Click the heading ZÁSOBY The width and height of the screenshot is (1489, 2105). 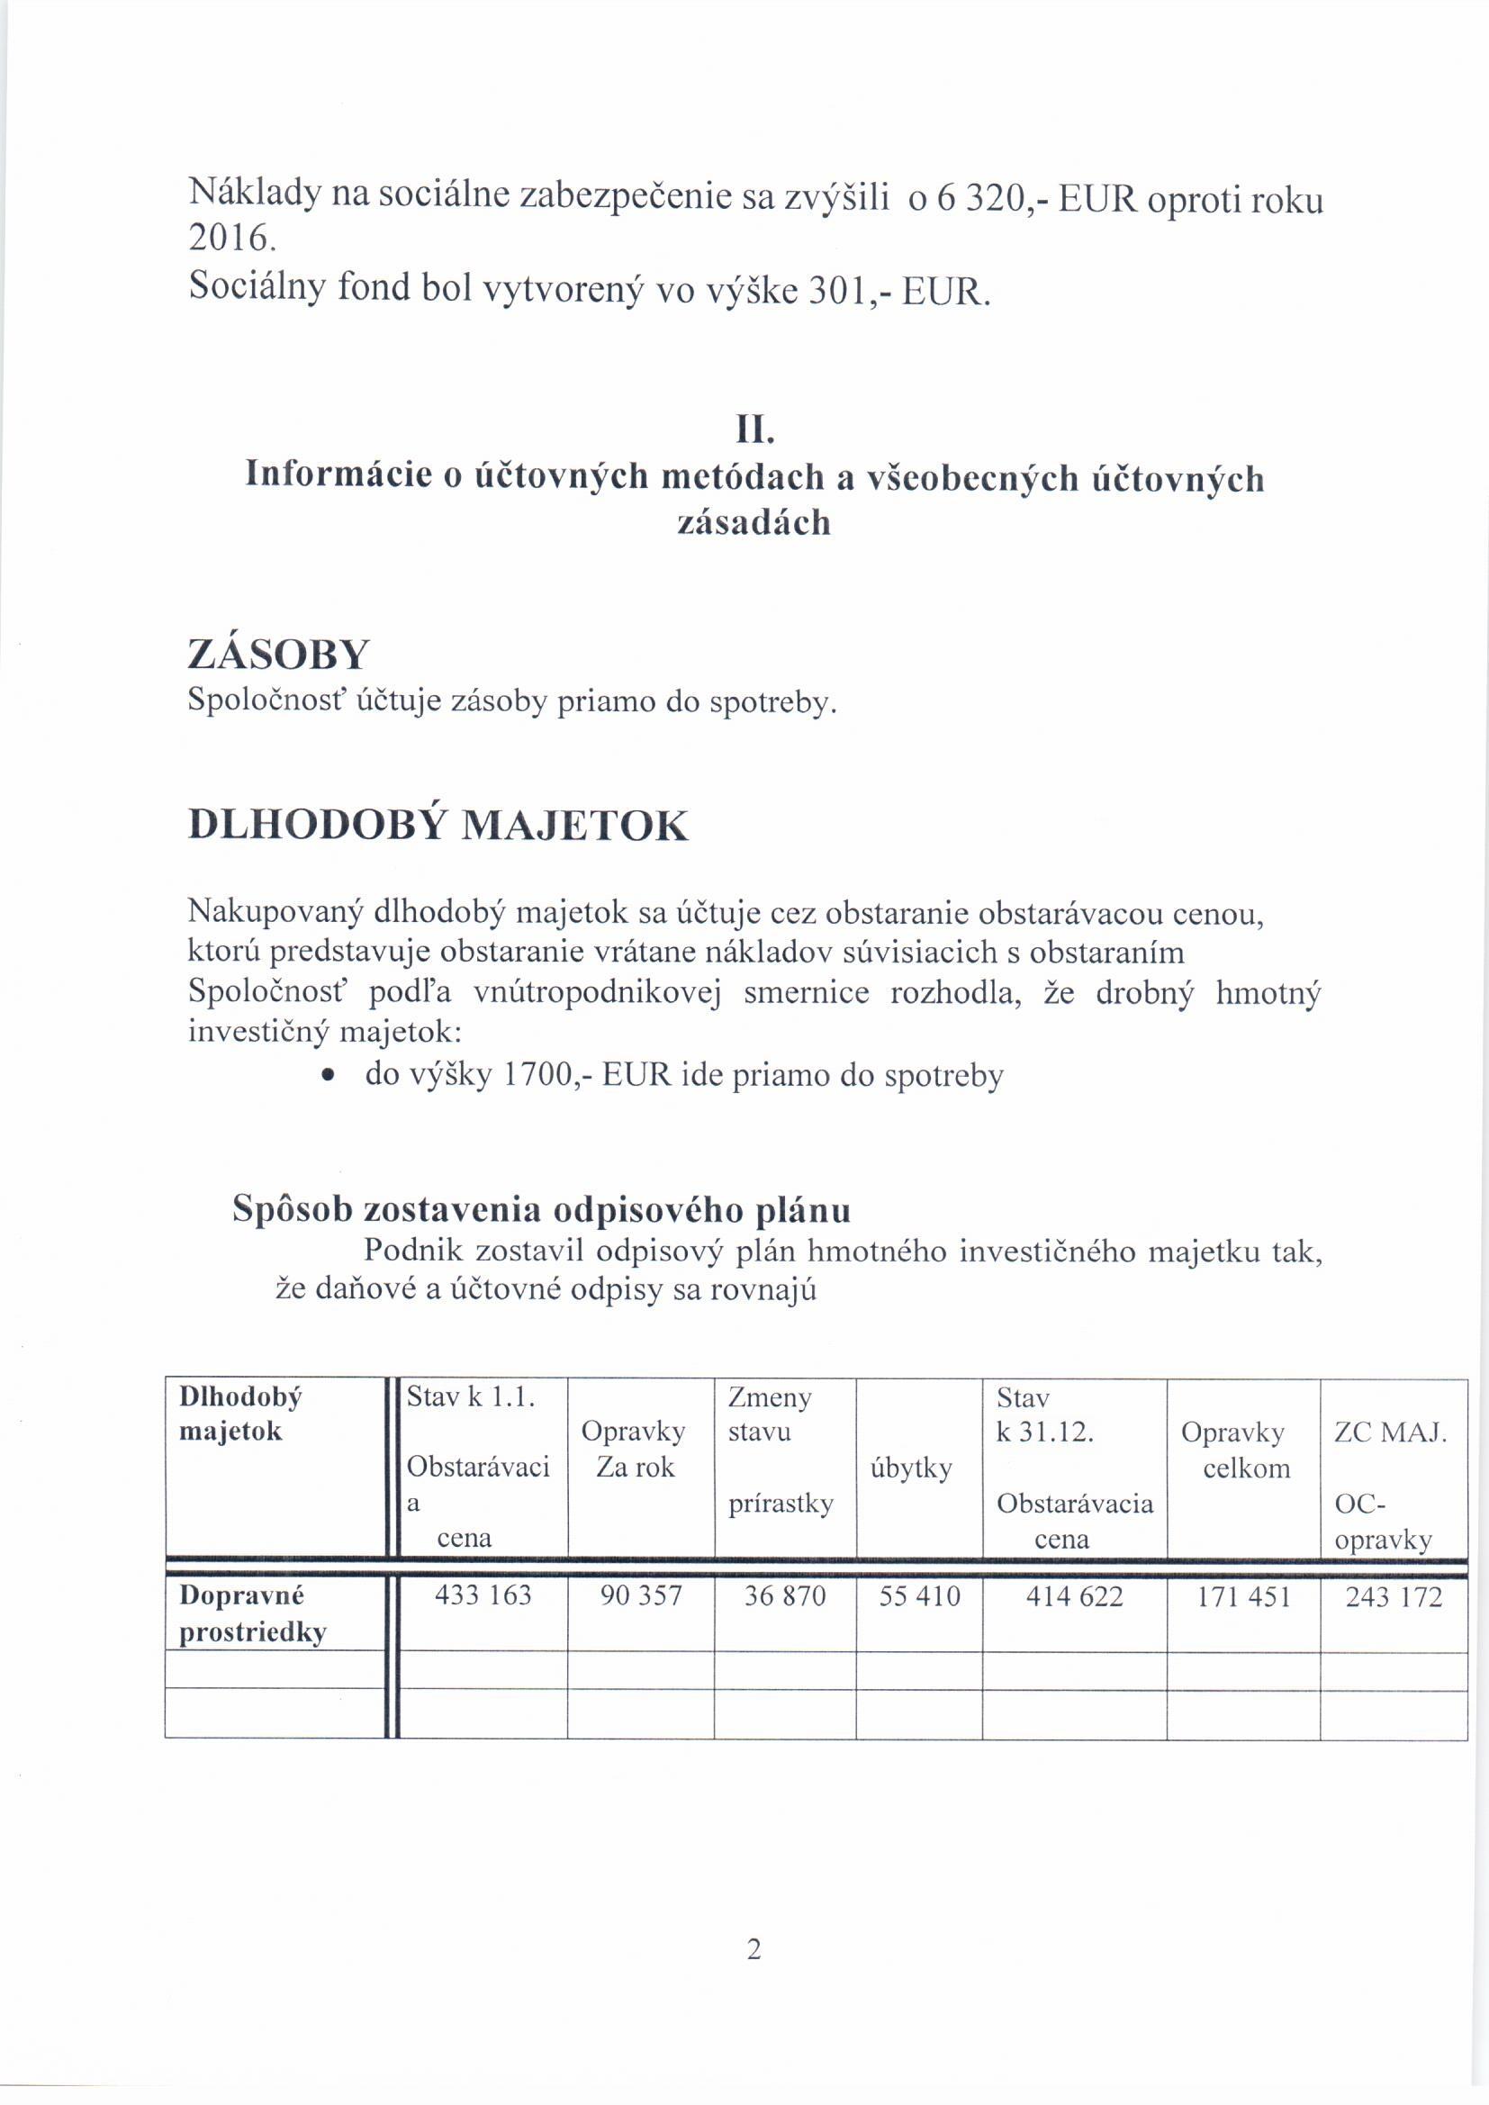tap(278, 655)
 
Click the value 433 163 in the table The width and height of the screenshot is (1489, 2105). tap(483, 1596)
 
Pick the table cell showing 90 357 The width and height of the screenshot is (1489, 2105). tap(640, 1596)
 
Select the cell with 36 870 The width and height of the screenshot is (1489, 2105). tap(785, 1596)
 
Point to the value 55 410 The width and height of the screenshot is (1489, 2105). tap(919, 1596)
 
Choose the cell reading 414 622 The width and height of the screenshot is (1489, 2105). tap(1074, 1596)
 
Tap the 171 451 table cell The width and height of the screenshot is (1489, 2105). tap(1243, 1597)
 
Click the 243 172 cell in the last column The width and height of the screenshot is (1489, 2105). tap(1393, 1597)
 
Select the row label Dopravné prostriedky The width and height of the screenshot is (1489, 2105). tap(252, 1613)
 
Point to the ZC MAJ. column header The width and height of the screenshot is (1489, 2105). tap(1390, 1432)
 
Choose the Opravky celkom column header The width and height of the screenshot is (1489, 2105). tap(1244, 1450)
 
